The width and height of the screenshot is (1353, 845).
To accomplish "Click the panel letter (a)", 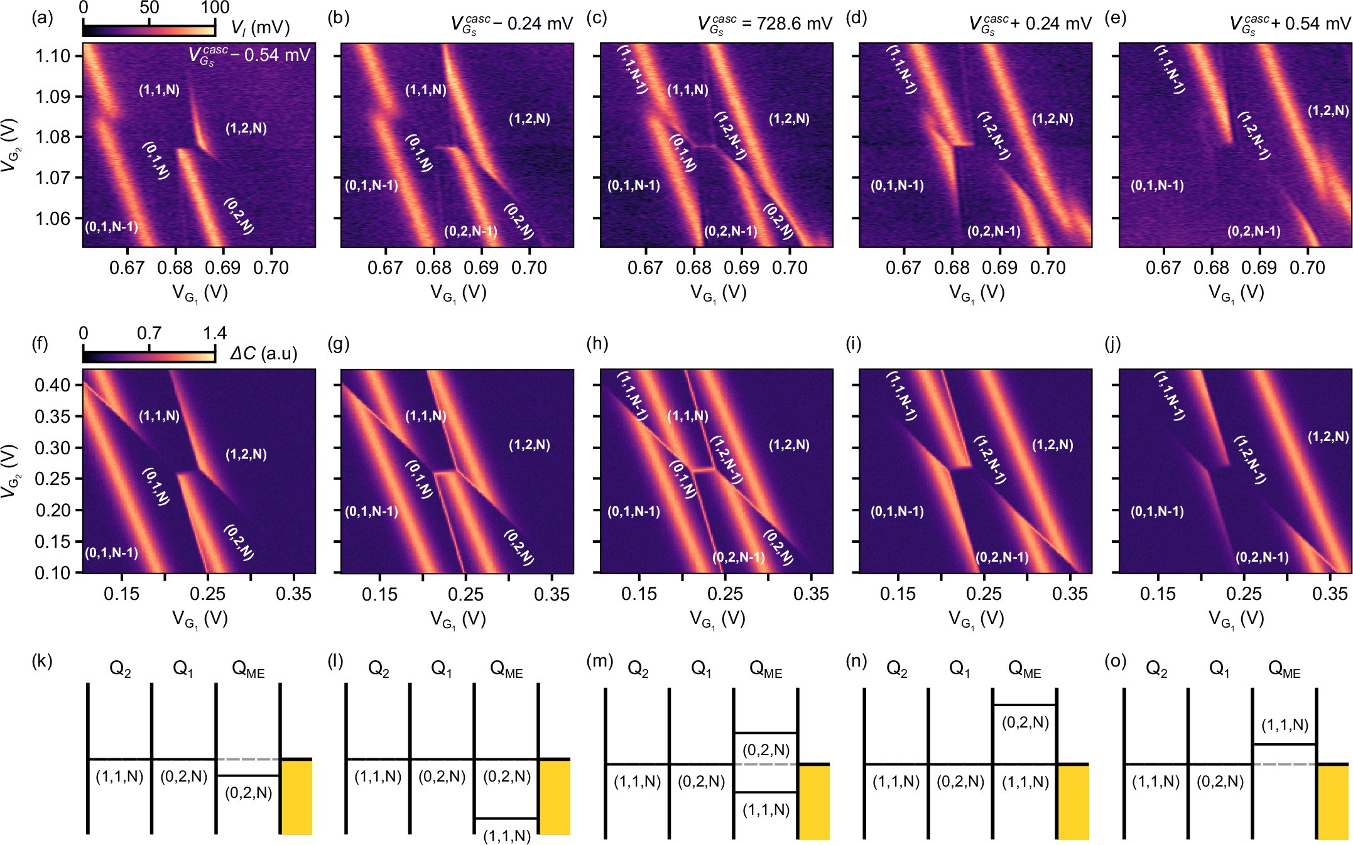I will (x=43, y=18).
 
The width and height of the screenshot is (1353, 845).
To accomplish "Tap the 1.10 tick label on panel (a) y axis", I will (x=53, y=56).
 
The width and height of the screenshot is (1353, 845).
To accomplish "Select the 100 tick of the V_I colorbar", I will (x=215, y=8).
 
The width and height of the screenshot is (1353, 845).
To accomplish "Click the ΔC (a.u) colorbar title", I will (x=263, y=354).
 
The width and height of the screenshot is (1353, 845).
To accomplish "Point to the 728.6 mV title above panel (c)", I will (x=766, y=24).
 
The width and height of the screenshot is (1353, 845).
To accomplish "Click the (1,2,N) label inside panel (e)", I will (x=1328, y=111).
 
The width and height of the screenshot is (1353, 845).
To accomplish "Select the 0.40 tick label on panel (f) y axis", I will (x=53, y=384).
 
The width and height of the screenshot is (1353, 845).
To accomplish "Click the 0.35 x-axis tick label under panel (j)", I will (x=1330, y=594).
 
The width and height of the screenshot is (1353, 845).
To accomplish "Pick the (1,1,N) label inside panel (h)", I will (x=688, y=416).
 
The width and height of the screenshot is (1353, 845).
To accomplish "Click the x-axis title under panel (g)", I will (x=458, y=619).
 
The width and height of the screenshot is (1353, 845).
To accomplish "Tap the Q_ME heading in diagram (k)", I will (x=248, y=670).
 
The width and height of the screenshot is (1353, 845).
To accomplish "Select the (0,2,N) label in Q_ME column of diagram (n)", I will (x=1025, y=722).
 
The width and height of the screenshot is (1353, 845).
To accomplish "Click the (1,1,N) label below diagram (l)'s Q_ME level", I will (x=507, y=836).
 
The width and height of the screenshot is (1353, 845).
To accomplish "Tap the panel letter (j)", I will (x=1112, y=344).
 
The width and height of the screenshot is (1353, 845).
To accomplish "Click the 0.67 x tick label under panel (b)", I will (x=385, y=268).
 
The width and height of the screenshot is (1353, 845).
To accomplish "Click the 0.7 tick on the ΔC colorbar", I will (x=149, y=334).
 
